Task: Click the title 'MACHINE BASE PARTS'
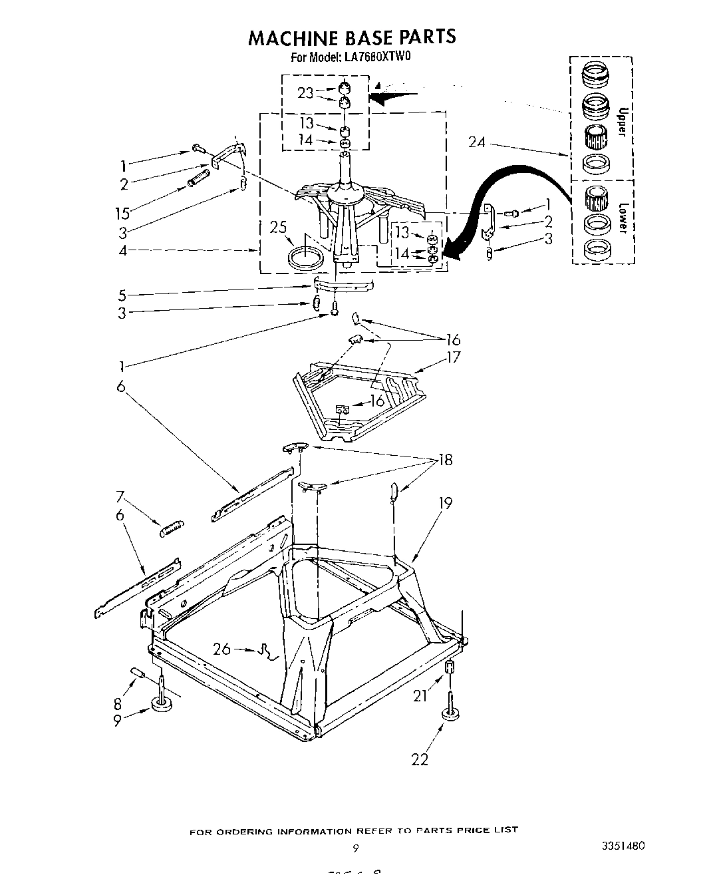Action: click(x=352, y=37)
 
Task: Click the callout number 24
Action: click(x=477, y=142)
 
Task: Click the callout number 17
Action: click(x=454, y=357)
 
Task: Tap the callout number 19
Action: click(x=445, y=503)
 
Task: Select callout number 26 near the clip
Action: click(x=221, y=648)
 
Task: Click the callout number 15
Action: click(x=122, y=214)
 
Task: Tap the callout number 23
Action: click(x=305, y=93)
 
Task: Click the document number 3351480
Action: click(x=622, y=846)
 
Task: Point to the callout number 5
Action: click(x=122, y=295)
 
